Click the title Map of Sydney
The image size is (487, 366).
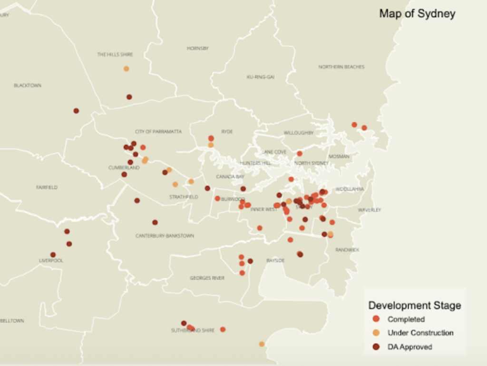417,14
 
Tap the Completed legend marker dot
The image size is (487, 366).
376,319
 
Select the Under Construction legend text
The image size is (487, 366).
420,333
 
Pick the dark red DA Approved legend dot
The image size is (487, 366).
376,347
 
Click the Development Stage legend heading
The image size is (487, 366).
415,306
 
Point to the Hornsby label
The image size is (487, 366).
197,49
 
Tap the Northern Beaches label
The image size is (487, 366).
341,67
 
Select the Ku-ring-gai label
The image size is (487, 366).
260,77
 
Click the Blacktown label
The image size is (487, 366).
27,86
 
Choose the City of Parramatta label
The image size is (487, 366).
158,132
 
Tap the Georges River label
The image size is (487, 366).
207,278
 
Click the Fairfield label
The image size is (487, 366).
47,188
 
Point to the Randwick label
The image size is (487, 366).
347,250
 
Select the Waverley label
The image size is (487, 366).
370,210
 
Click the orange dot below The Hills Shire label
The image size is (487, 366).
126,69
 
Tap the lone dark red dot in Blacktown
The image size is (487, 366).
76,111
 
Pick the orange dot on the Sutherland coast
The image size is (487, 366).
262,344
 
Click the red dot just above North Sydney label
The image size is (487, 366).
300,154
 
